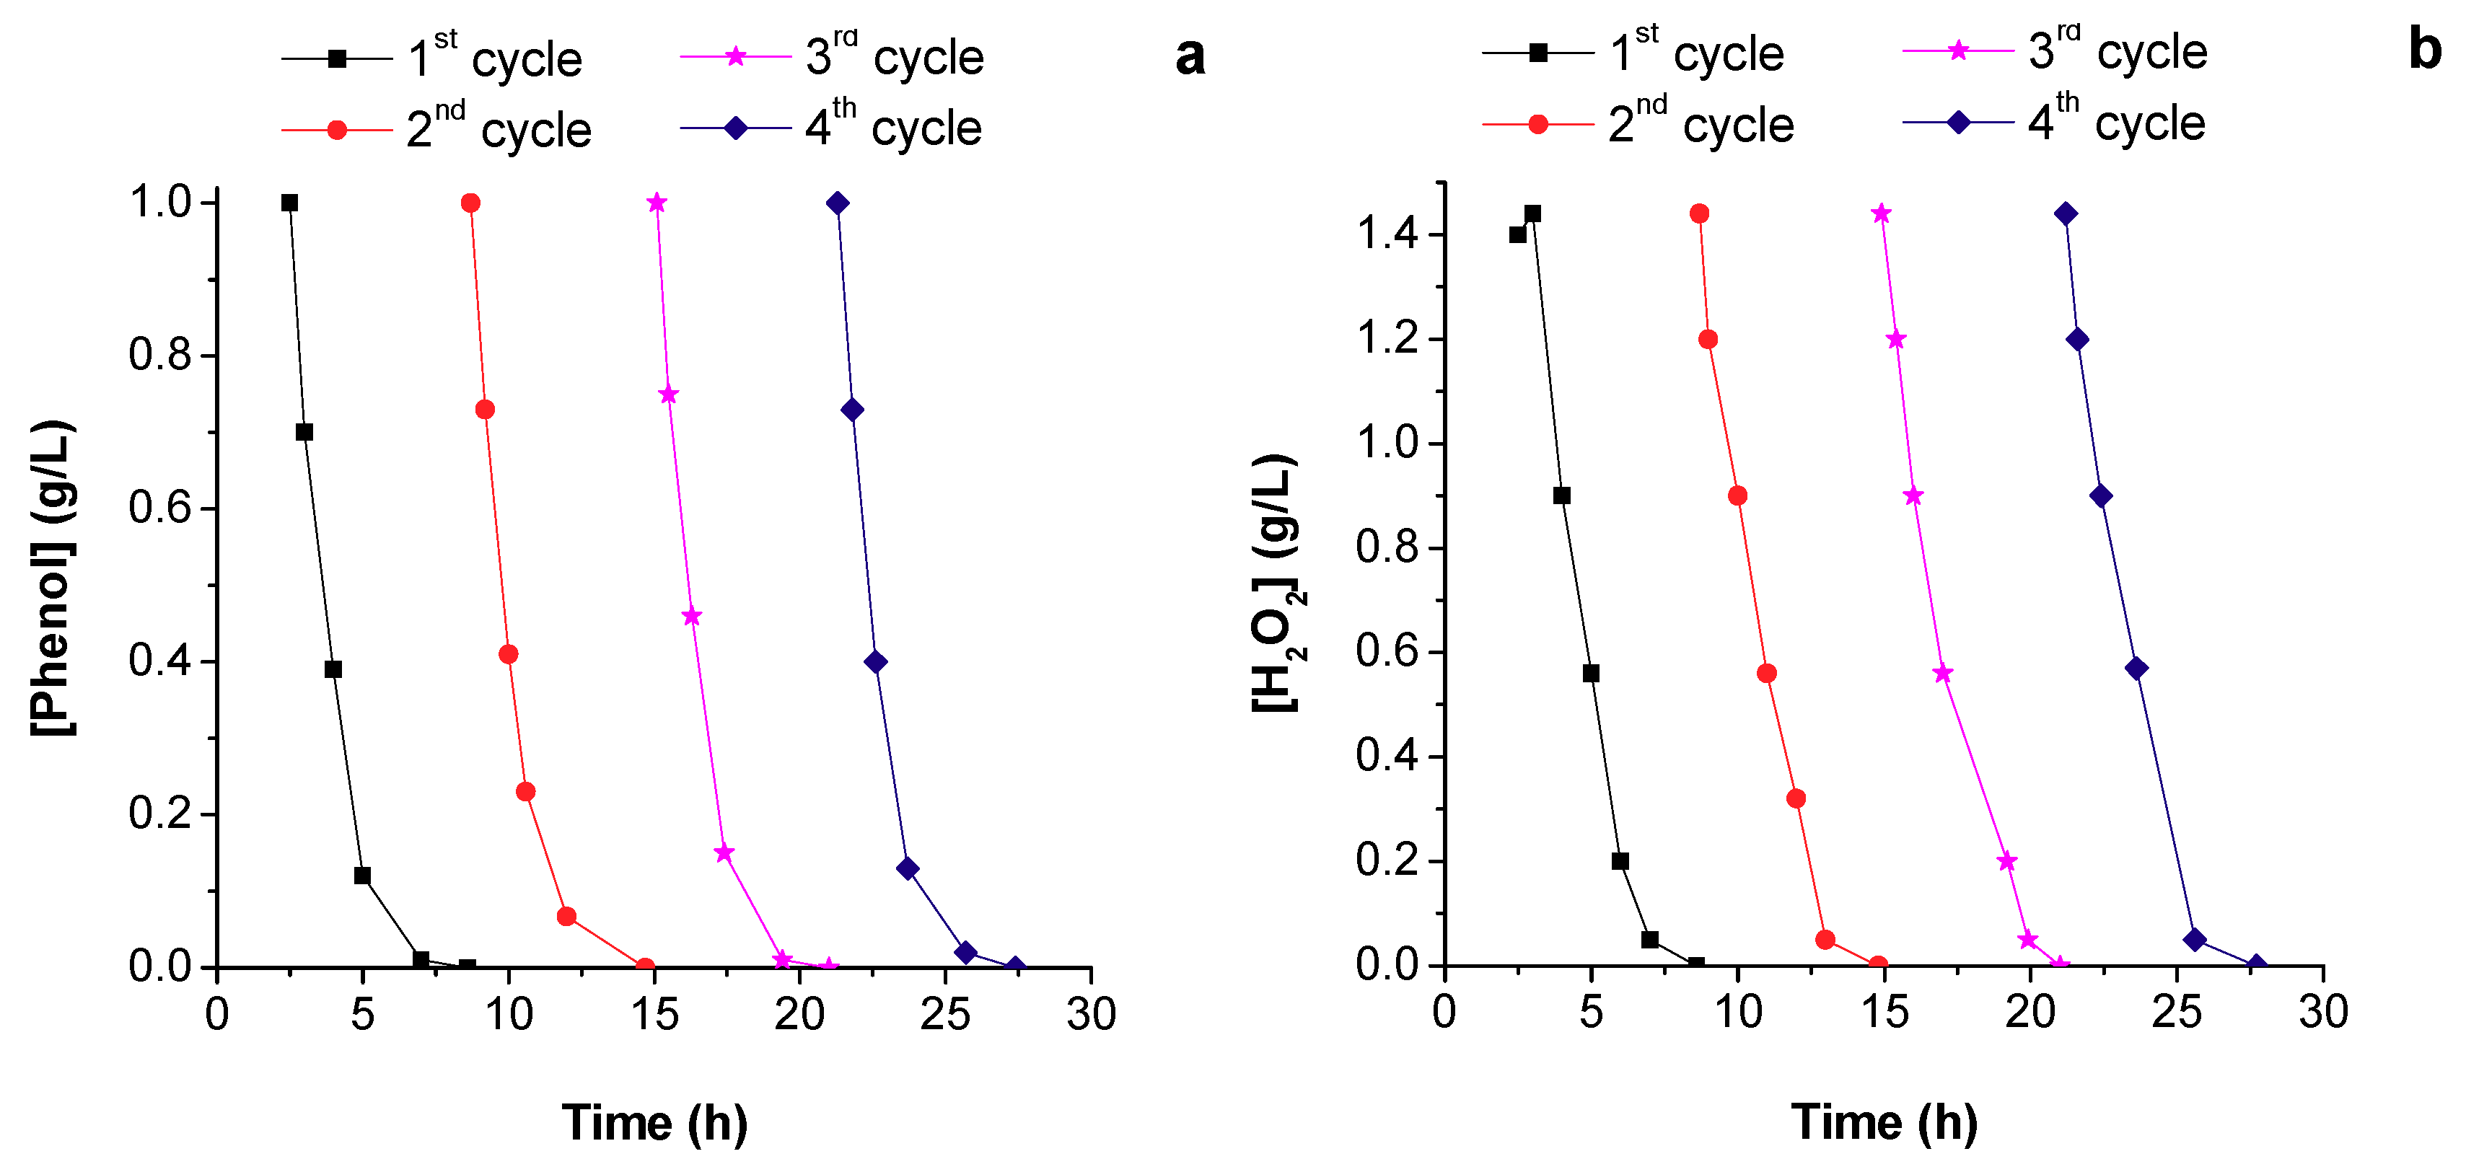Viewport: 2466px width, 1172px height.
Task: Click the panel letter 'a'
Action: click(1190, 56)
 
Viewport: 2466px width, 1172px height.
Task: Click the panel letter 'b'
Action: click(2425, 50)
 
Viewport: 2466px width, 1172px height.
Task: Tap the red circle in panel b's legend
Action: click(1537, 124)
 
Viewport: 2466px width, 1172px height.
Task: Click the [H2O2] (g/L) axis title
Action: click(1277, 583)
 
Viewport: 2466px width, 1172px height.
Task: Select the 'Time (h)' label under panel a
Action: click(655, 1122)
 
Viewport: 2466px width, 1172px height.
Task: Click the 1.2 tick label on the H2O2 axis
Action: click(1387, 340)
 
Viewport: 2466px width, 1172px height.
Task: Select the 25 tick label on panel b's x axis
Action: click(2177, 1012)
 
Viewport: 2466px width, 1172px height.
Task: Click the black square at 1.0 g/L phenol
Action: click(289, 203)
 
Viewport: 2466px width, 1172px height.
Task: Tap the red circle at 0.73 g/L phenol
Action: click(486, 410)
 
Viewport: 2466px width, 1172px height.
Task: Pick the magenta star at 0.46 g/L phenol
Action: click(692, 616)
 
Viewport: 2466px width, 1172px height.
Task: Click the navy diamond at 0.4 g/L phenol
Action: click(875, 662)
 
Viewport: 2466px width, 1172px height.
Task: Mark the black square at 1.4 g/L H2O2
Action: click(1518, 234)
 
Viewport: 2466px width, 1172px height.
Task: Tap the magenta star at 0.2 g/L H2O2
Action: click(2007, 862)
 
